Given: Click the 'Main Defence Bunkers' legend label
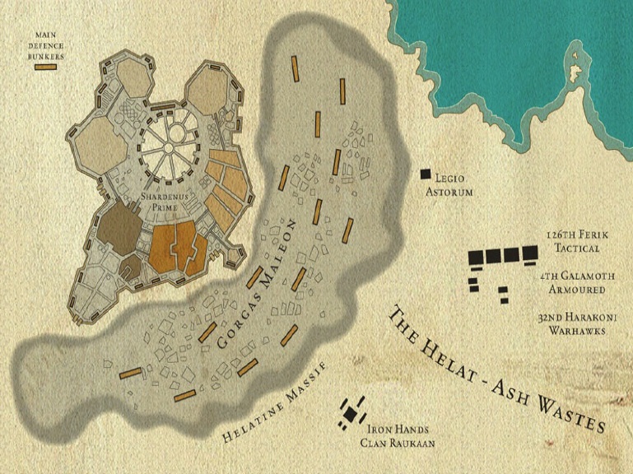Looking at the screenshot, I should [45, 44].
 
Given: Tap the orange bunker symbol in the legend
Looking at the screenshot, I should [45, 65].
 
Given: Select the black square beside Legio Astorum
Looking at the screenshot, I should [426, 174].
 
